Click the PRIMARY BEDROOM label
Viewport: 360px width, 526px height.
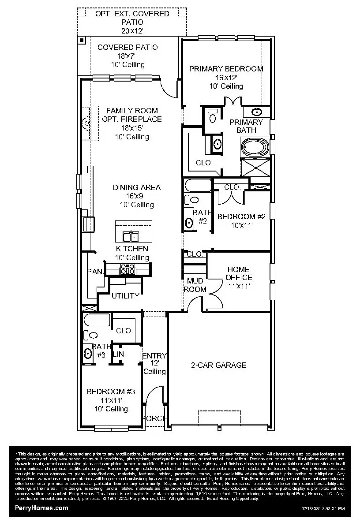click(x=226, y=69)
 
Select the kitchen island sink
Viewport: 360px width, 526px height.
click(x=130, y=237)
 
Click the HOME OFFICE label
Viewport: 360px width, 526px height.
click(x=239, y=273)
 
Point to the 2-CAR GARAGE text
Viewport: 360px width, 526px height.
click(x=218, y=365)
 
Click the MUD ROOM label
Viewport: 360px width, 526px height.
click(x=195, y=285)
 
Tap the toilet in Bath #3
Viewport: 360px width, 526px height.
click(x=88, y=335)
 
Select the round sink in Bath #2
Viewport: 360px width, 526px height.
click(x=189, y=223)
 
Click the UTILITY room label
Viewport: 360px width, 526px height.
click(x=125, y=296)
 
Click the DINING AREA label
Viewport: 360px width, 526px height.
click(x=136, y=187)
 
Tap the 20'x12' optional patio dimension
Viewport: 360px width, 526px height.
click(x=132, y=30)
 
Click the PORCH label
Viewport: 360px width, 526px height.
click(x=154, y=418)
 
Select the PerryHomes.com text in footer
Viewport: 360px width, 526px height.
click(x=42, y=508)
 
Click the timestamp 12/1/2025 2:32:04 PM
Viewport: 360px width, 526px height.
click(x=323, y=509)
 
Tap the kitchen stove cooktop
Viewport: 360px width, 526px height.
click(x=128, y=269)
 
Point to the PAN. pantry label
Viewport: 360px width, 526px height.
click(x=95, y=272)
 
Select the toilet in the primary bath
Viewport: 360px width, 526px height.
click(x=213, y=117)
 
